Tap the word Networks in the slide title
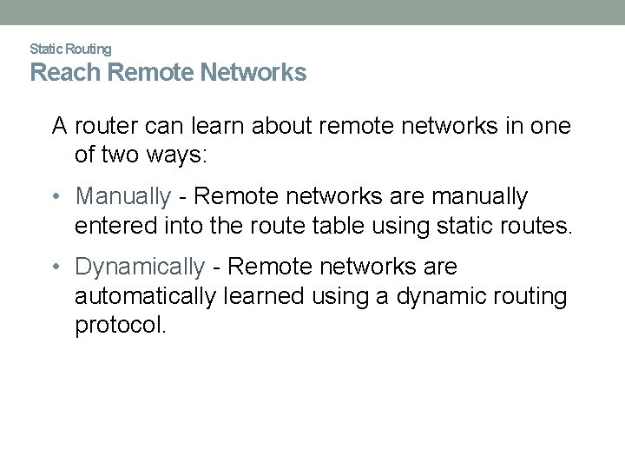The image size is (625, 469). pos(258,73)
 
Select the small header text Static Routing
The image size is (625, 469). pos(70,49)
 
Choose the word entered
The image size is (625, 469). pos(109,228)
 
